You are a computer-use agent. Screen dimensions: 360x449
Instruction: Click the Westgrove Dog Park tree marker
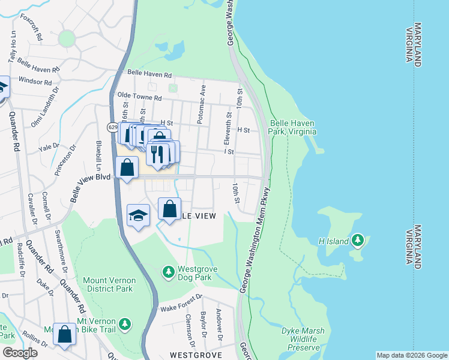169,272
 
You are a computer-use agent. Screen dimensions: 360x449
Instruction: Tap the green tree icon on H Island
358,241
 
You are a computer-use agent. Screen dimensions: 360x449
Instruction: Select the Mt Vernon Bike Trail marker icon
124,324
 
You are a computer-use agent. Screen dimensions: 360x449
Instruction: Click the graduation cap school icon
138,216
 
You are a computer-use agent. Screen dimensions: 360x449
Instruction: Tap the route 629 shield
112,127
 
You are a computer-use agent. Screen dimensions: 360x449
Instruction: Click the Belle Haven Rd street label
149,75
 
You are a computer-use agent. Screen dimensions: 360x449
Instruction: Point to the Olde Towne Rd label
140,97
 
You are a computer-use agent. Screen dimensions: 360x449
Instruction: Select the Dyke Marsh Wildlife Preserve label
303,339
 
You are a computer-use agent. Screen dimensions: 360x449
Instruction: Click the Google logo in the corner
20,352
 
